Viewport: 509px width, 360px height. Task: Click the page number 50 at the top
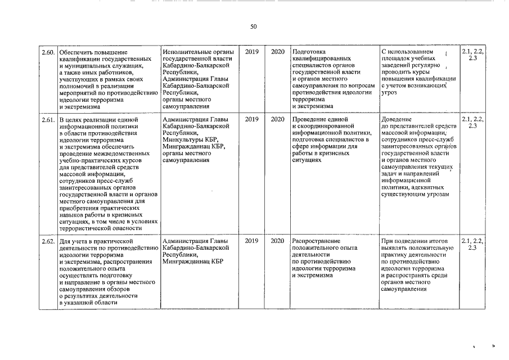[254, 26]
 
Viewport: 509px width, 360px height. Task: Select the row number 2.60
[47, 52]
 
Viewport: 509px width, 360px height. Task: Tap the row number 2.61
[47, 120]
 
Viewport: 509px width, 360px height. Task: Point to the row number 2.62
[47, 241]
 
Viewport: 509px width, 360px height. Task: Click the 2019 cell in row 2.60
[252, 52]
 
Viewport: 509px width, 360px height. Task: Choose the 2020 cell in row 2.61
[278, 119]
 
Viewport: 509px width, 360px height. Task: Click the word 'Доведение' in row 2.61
[397, 119]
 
